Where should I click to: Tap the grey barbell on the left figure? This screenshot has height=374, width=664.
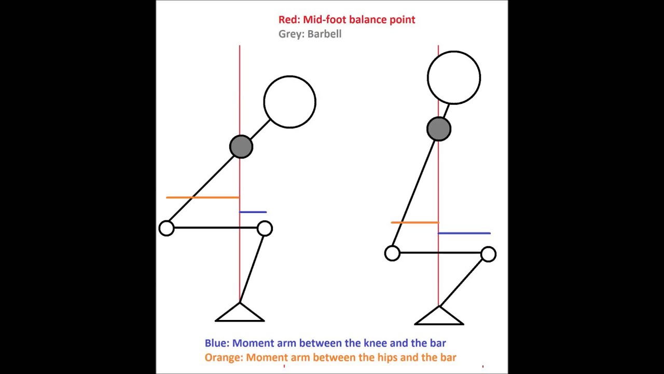241,146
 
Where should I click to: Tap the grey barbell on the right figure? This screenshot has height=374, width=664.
439,129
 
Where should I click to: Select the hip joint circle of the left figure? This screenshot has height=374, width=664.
167,228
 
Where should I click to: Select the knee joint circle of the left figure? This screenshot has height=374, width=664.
265,229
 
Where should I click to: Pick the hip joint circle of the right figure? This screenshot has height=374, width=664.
392,253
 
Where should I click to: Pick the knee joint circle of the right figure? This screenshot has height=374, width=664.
489,255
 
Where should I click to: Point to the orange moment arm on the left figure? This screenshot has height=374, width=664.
202,197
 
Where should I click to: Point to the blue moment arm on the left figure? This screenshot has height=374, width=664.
253,212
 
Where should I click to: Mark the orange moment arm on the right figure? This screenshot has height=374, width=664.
414,222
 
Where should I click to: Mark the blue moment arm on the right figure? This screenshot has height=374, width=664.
464,233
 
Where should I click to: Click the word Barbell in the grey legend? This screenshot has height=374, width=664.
324,34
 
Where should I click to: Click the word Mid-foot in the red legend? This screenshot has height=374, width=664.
325,20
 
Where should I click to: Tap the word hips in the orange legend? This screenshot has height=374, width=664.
387,358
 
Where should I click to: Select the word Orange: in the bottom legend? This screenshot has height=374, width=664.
224,357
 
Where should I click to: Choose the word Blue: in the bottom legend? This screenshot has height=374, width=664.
217,343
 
